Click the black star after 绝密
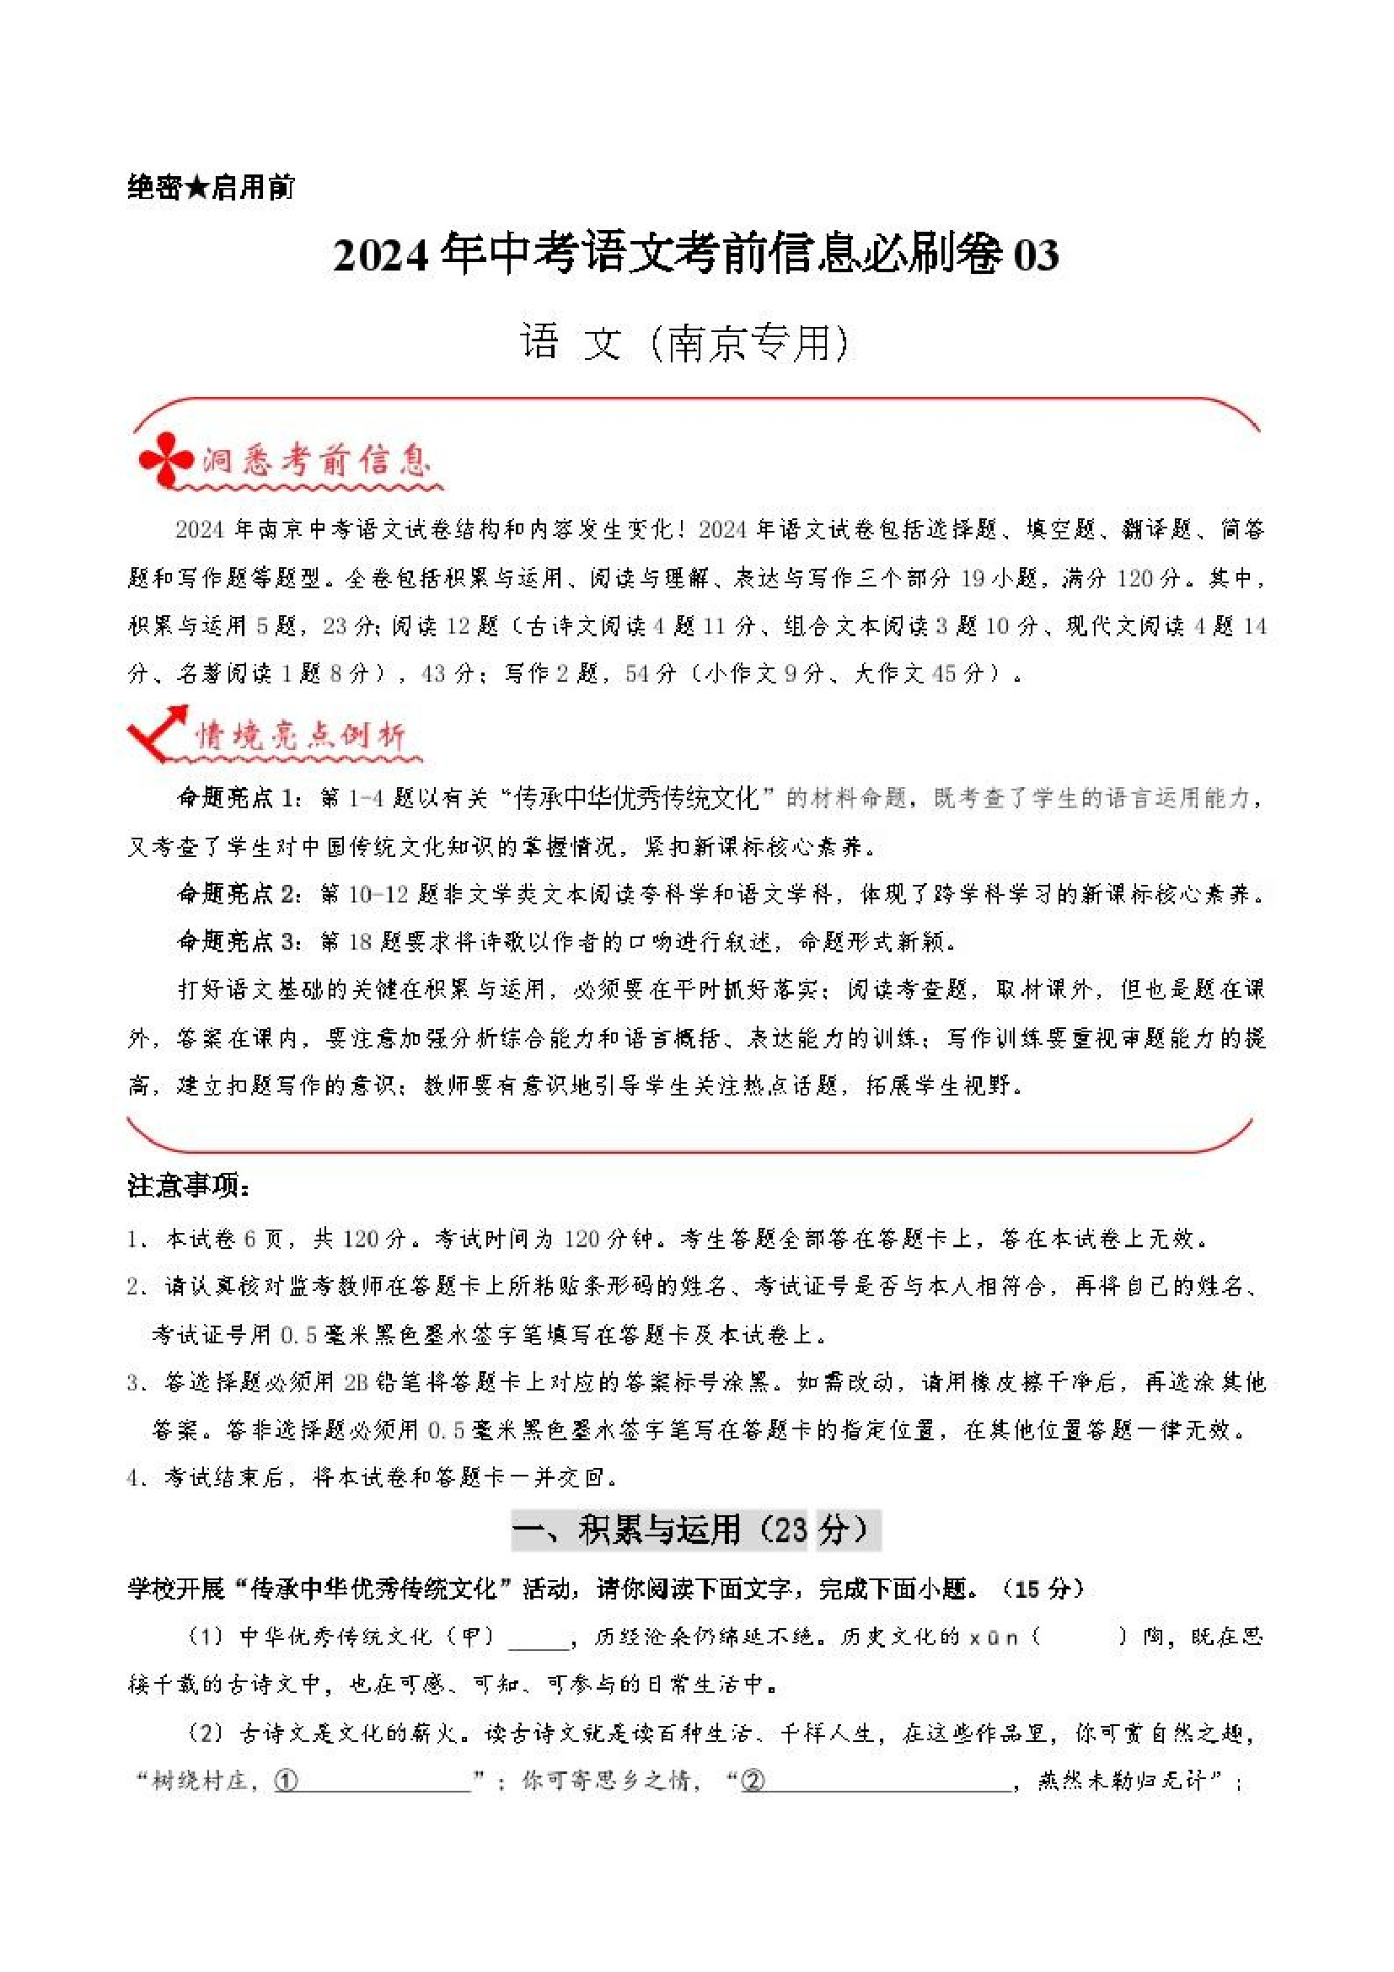pos(197,186)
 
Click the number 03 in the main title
pos(1036,255)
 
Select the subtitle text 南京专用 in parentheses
pos(748,344)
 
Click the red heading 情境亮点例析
pos(300,736)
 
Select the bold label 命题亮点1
pos(236,799)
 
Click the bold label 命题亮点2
pos(236,895)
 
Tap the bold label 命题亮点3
pos(236,942)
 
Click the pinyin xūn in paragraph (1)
pos(994,1637)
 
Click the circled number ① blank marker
pos(286,1782)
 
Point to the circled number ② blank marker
pos(753,1782)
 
